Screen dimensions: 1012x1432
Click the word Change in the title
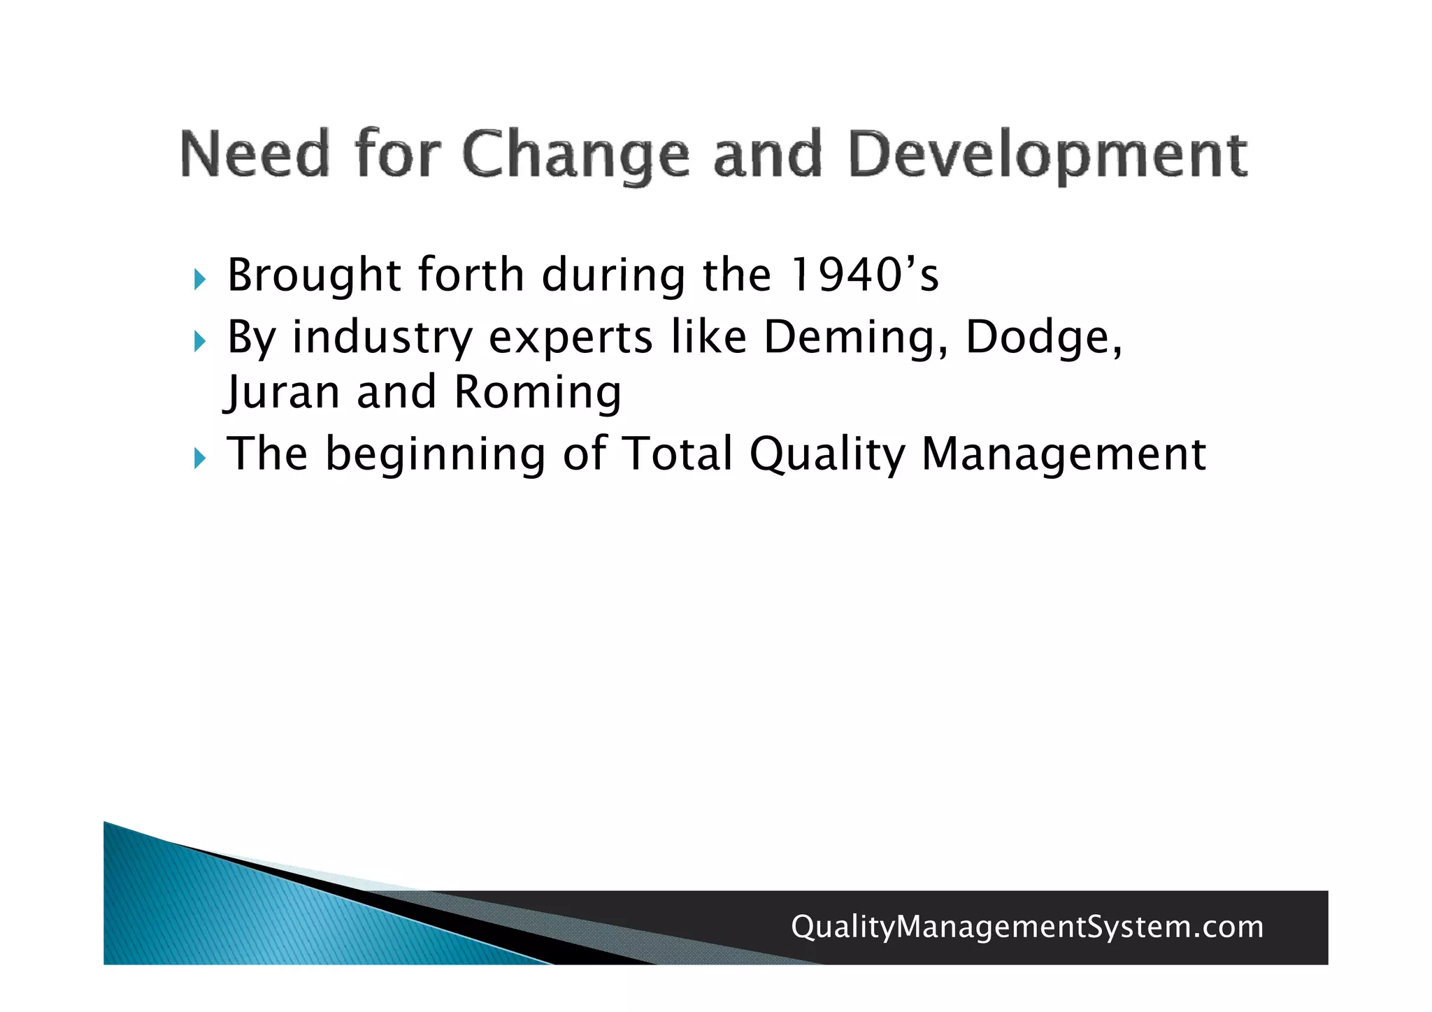575,155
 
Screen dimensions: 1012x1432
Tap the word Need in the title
255,154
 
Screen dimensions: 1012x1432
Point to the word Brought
314,276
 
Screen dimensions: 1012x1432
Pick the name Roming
537,393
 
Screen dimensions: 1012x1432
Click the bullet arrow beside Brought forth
200,280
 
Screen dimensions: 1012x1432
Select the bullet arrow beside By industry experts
200,342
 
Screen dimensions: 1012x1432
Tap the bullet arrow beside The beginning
200,459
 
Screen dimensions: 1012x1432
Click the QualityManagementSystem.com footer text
1026,927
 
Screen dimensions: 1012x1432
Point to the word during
613,276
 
